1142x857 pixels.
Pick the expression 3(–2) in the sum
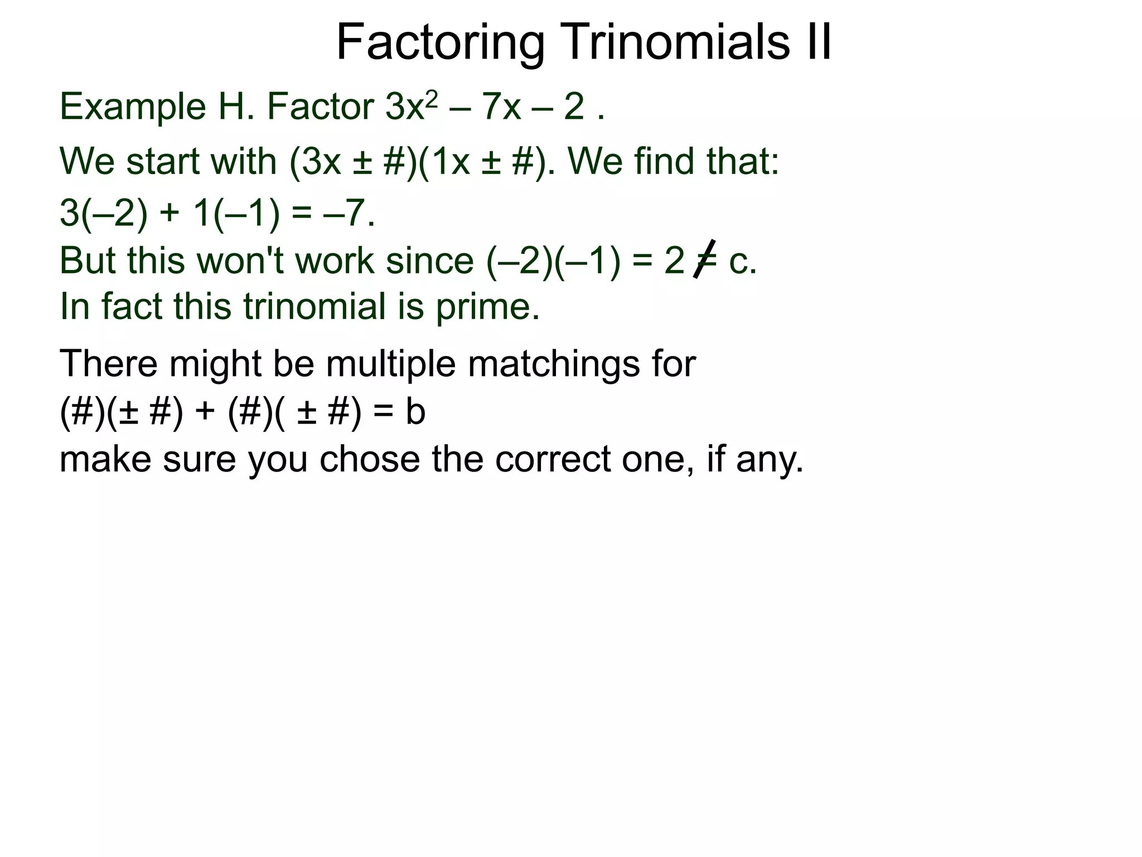coord(104,213)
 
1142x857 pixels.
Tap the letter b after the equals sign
coord(415,412)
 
